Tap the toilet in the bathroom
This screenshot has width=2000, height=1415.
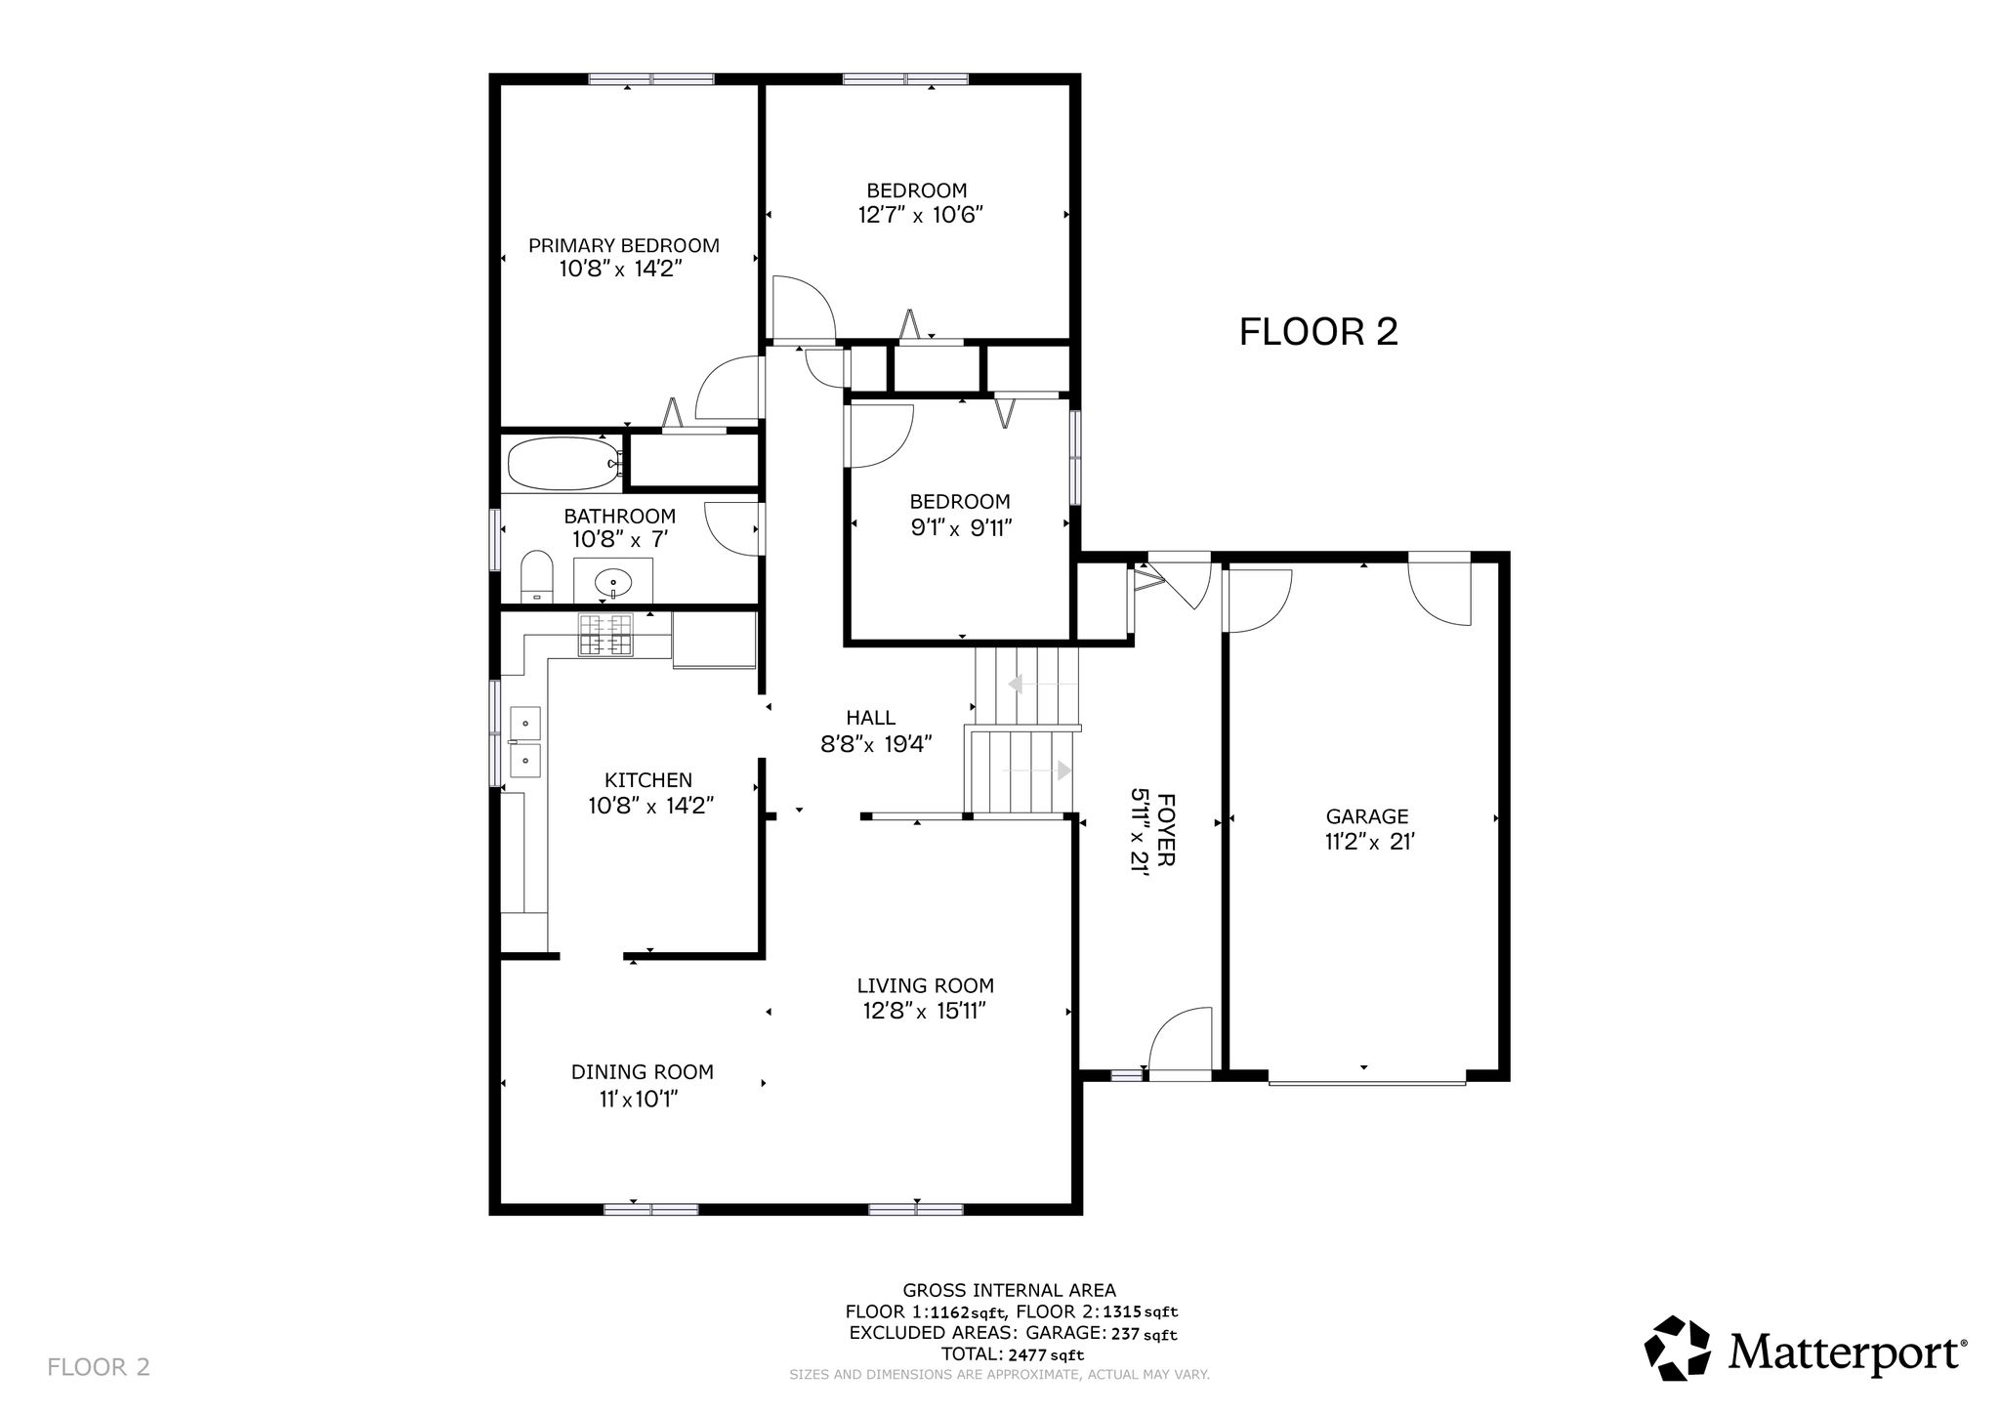click(536, 576)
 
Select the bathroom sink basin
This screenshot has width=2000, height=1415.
click(612, 583)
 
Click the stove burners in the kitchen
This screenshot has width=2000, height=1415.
click(604, 634)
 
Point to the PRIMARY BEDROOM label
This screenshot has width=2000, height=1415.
click(624, 246)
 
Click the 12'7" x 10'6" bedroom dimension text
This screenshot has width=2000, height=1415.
click(920, 215)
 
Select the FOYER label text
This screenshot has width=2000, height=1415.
click(1166, 830)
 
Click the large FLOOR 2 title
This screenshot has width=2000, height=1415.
click(1318, 332)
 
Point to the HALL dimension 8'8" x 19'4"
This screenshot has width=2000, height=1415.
click(877, 744)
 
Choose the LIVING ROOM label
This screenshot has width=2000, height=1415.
click(926, 986)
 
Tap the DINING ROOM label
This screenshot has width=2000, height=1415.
click(643, 1072)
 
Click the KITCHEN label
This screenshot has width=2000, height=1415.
click(648, 780)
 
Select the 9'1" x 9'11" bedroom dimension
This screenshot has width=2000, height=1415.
click(961, 528)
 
